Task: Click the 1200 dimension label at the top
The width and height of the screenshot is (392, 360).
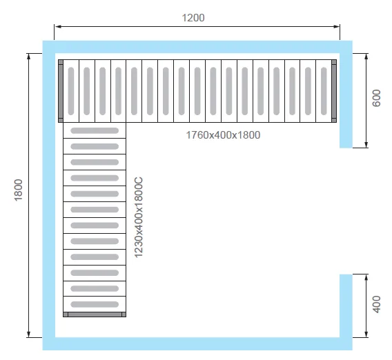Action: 193,18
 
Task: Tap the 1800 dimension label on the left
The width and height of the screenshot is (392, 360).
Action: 18,190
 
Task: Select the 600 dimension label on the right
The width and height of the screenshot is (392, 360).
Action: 376,98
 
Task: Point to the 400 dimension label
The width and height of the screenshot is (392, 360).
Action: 376,304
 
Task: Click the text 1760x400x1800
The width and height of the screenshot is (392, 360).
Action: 223,135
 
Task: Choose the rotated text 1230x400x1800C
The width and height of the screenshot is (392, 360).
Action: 138,217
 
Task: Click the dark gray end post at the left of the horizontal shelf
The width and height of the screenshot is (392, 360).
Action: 61,91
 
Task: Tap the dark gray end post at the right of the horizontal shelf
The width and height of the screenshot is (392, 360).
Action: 334,91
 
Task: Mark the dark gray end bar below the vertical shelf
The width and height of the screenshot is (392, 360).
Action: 95,314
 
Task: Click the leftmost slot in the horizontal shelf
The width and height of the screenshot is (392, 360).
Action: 71,91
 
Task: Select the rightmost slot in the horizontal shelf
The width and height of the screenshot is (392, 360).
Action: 324,91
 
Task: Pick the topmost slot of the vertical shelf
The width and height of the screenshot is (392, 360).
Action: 95,130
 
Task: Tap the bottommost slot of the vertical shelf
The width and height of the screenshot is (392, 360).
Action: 95,304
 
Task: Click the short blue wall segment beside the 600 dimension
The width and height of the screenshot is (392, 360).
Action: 346,101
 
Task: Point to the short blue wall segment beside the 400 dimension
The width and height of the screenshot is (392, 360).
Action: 346,306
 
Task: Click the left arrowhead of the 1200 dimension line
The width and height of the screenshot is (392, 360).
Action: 58,26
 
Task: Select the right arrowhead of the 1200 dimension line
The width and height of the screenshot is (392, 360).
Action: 336,26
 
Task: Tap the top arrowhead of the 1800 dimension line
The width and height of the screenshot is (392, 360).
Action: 29,57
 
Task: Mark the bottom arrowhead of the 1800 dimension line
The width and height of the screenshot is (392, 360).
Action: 29,334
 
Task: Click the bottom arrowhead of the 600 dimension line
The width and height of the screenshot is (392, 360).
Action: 366,144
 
